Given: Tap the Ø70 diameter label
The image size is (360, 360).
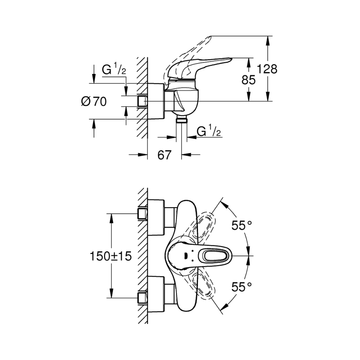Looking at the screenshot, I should [x=94, y=102].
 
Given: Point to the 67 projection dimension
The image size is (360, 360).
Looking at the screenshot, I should [x=164, y=155].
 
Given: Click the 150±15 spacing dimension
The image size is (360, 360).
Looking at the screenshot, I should [x=112, y=256].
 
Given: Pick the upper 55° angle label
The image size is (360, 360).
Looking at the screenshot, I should [x=242, y=226].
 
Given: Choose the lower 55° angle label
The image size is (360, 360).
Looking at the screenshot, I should [x=242, y=286].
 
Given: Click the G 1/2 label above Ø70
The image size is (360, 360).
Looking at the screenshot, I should [x=114, y=70].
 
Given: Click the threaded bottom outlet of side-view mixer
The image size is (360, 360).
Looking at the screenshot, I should [x=182, y=120].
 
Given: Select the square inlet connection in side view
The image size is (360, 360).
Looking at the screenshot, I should [x=141, y=101].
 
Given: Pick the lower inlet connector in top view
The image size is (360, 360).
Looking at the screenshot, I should [x=142, y=298].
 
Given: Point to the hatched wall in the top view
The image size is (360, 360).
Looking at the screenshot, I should [x=142, y=256].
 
